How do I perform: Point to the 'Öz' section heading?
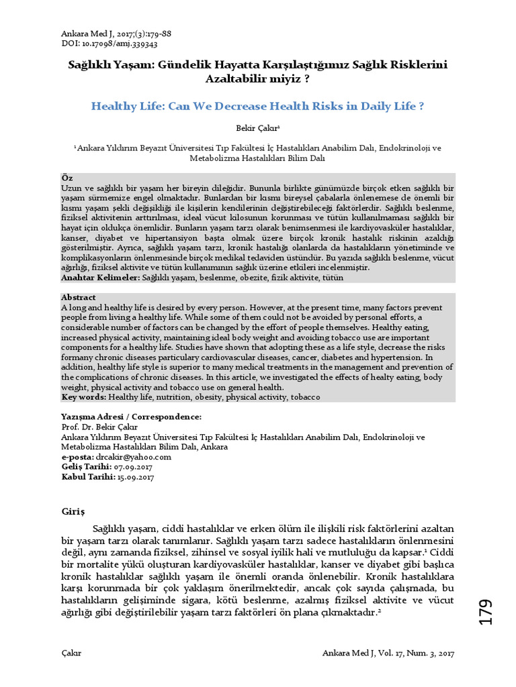coord(67,177)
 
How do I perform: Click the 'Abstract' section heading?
coord(79,297)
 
